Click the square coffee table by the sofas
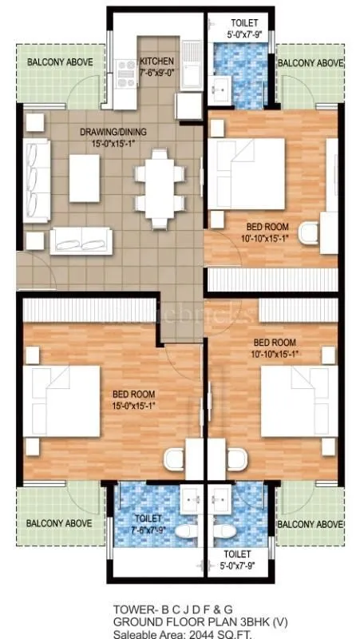84,177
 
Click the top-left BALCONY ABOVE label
59,62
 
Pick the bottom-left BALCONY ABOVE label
58,524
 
